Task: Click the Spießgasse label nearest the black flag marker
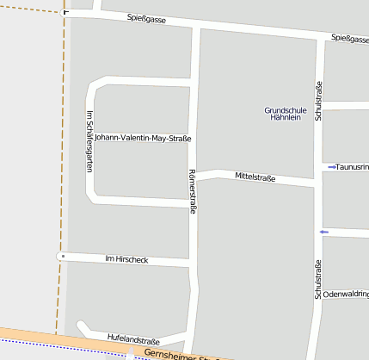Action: point(145,19)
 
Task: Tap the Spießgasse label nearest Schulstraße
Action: point(349,39)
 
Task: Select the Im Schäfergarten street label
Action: point(89,141)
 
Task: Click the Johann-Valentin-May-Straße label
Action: point(142,138)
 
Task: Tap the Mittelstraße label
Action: point(255,178)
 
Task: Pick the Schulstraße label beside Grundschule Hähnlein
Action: point(318,100)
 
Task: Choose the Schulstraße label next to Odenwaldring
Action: point(318,279)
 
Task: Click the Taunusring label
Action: point(353,166)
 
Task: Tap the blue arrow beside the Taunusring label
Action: point(332,166)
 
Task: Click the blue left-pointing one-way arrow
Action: point(323,232)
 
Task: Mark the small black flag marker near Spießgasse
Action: point(66,13)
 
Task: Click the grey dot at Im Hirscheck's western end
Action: point(63,256)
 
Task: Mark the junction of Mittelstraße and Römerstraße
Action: point(197,175)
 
